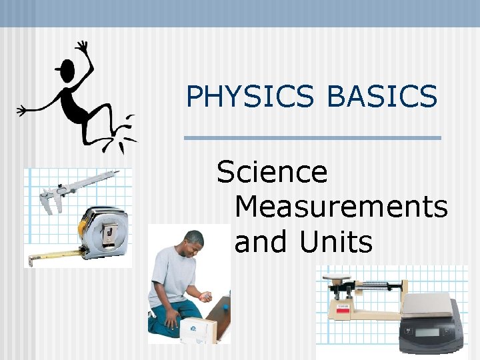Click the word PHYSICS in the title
click(249, 97)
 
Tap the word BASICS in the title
click(382, 97)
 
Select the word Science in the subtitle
click(272, 173)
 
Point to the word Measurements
click(341, 207)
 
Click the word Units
click(336, 241)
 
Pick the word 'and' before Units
click(263, 241)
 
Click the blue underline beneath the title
click(312, 138)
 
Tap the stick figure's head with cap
click(66, 67)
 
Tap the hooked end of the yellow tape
click(29, 258)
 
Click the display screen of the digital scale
click(427, 331)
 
